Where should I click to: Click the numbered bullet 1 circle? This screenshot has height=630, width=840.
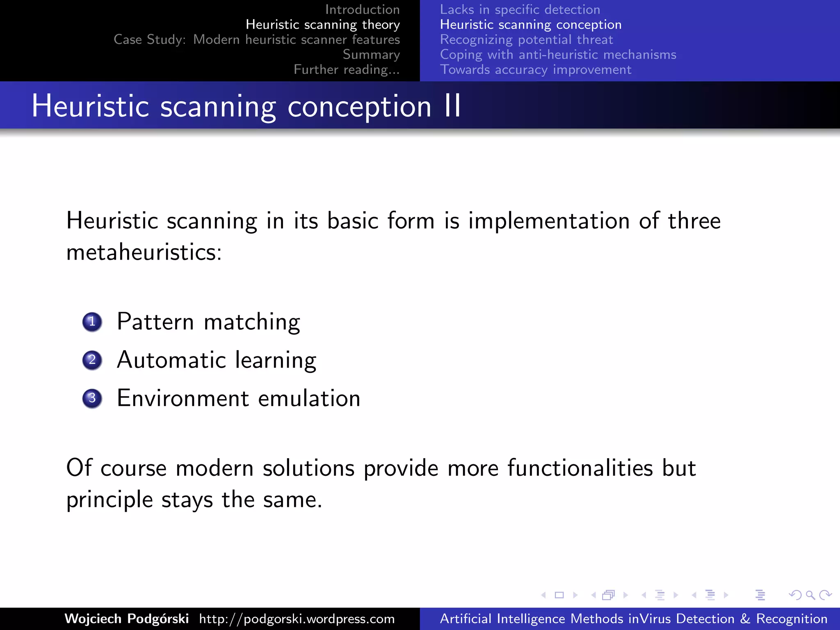[x=92, y=322]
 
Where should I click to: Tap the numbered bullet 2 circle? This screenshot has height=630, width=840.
[x=92, y=360]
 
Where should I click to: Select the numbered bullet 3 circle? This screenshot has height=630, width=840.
[x=92, y=398]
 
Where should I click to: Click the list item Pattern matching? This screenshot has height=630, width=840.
[x=208, y=322]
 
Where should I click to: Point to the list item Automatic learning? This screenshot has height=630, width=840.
[x=217, y=360]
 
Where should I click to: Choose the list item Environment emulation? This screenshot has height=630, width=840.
[x=238, y=398]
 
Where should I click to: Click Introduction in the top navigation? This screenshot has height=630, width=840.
[x=362, y=9]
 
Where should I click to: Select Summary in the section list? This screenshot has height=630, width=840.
[x=371, y=54]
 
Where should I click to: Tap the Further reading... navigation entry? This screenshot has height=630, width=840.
[x=347, y=69]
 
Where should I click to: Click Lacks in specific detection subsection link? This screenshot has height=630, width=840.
[x=520, y=9]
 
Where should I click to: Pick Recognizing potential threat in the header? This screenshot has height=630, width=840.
[x=526, y=39]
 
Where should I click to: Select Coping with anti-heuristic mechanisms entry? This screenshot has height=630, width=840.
[x=558, y=54]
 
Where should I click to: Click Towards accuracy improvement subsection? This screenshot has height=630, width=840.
[x=535, y=69]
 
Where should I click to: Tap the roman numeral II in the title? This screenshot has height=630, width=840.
[x=453, y=106]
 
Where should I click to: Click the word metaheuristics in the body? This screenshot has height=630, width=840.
[x=144, y=251]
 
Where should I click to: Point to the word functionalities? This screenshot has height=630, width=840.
[x=580, y=468]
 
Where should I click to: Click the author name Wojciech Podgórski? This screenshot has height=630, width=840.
[x=126, y=619]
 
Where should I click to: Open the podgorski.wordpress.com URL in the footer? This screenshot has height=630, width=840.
[x=297, y=619]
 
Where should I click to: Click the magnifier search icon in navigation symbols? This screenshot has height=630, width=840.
[x=810, y=595]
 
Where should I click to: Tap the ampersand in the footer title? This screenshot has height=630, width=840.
[x=745, y=619]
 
